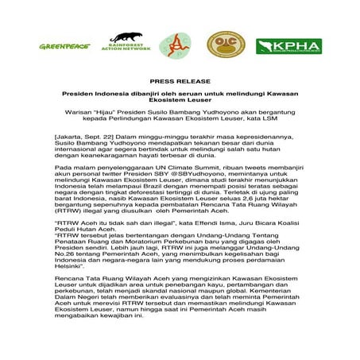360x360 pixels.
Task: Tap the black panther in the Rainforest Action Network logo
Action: point(131,37)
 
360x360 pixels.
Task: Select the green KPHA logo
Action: point(288,46)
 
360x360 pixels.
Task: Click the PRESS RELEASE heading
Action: point(180,82)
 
